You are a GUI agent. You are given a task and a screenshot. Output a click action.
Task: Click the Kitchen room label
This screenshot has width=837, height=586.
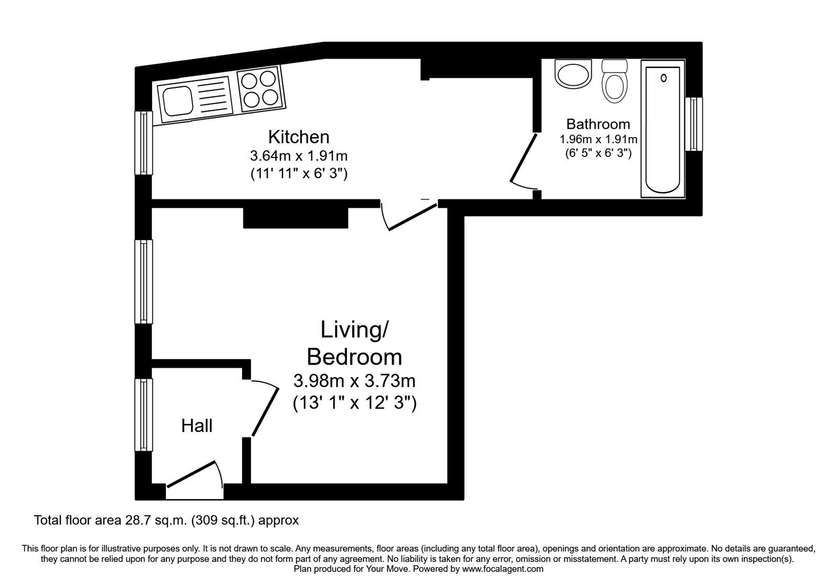pyautogui.click(x=299, y=137)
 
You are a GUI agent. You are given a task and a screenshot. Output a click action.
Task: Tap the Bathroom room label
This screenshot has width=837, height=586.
pyautogui.click(x=598, y=124)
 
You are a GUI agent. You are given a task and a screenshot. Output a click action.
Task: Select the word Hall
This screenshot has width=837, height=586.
pyautogui.click(x=197, y=426)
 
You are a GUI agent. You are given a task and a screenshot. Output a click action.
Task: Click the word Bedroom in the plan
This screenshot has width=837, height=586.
pyautogui.click(x=354, y=357)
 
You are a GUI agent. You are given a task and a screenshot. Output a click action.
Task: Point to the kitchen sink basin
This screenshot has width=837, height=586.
pyautogui.click(x=175, y=101)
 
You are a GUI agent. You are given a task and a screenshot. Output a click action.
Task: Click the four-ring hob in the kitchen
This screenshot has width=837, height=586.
pyautogui.click(x=260, y=88)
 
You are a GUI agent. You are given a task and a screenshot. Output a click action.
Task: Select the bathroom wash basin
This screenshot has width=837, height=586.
pyautogui.click(x=573, y=75)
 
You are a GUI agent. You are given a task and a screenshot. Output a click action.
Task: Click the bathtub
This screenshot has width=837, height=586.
pyautogui.click(x=663, y=129)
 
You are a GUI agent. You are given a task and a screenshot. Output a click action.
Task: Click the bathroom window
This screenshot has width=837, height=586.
pyautogui.click(x=694, y=124)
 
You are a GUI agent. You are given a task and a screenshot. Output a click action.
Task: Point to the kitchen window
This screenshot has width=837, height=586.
pyautogui.click(x=144, y=142)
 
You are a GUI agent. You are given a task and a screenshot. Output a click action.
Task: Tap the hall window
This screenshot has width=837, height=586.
pyautogui.click(x=144, y=414)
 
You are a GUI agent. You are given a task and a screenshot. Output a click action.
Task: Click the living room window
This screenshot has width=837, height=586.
pyautogui.click(x=144, y=281)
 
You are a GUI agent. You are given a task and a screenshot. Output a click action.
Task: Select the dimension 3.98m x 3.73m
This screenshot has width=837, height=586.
pyautogui.click(x=354, y=380)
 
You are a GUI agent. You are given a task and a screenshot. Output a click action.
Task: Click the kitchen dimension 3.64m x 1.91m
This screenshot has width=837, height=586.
pyautogui.click(x=299, y=156)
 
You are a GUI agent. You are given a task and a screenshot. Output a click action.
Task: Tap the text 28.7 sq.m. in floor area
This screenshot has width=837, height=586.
pyautogui.click(x=155, y=521)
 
